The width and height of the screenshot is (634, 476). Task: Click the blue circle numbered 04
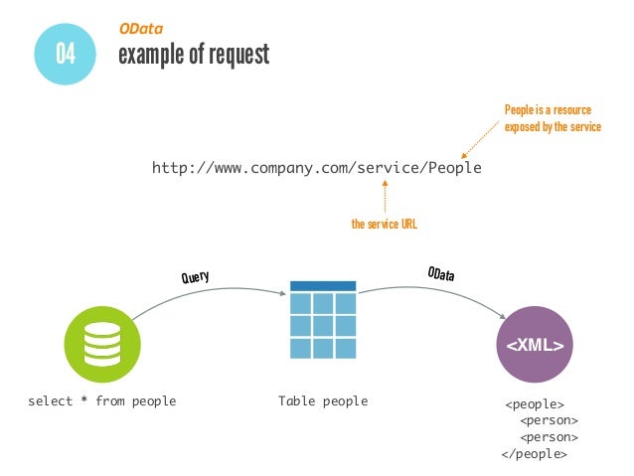(66, 52)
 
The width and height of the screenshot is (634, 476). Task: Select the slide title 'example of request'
(193, 55)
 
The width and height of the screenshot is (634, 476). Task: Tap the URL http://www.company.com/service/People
(316, 168)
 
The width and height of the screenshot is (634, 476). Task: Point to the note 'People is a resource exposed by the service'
(552, 118)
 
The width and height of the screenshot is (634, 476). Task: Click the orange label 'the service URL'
(384, 226)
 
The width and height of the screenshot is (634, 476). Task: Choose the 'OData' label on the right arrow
(440, 274)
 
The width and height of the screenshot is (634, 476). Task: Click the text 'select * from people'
(101, 401)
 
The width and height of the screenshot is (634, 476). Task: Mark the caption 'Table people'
(323, 401)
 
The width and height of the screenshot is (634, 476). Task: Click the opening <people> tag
(535, 404)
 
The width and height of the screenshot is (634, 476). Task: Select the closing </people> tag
(535, 453)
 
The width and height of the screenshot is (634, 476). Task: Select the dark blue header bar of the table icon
(322, 286)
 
